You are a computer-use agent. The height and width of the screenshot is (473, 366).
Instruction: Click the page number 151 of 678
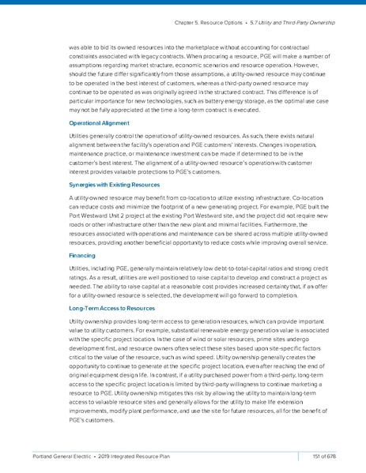click(326, 456)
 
